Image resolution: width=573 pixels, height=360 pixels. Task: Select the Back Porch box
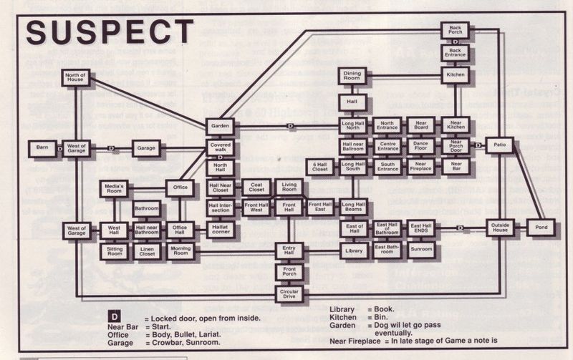tap(456, 29)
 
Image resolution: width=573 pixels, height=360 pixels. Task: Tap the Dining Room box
tap(352, 75)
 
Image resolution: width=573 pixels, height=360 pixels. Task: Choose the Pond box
tap(541, 228)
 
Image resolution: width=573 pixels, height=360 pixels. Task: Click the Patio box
tap(499, 145)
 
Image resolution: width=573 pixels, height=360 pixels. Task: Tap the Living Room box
tap(289, 186)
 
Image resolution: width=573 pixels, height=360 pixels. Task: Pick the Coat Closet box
tap(256, 186)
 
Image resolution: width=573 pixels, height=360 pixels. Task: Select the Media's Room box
tap(115, 189)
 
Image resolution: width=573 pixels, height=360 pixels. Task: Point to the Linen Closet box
tap(147, 251)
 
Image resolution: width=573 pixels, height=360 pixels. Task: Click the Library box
tap(353, 250)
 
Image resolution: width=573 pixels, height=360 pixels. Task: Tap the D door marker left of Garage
tap(111, 148)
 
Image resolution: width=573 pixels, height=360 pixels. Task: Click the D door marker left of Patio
tap(477, 145)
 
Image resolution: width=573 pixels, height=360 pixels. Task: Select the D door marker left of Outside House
tap(460, 228)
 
